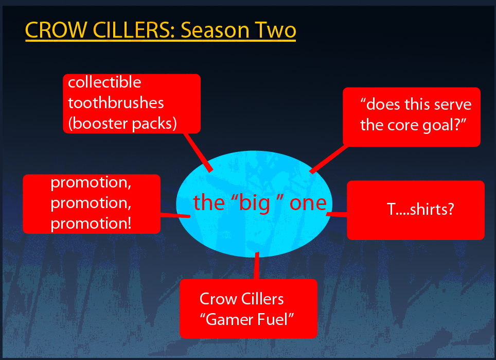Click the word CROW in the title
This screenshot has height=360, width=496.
pos(56,30)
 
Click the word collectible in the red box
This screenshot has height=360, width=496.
pos(104,82)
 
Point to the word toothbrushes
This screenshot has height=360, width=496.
pos(116,103)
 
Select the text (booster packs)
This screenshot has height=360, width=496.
pos(122,124)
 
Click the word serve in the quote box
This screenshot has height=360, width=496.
pos(452,105)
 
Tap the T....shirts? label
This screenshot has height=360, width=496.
pos(420,209)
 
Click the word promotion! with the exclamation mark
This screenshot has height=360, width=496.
pos(91,224)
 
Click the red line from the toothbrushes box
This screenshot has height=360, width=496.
pos(198,152)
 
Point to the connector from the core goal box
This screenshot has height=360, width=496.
pos(329,159)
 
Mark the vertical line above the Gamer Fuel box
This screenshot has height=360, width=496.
pos(257,266)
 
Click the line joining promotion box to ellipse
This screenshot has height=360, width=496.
pos(175,215)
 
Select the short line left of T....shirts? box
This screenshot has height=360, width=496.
pos(336,215)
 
